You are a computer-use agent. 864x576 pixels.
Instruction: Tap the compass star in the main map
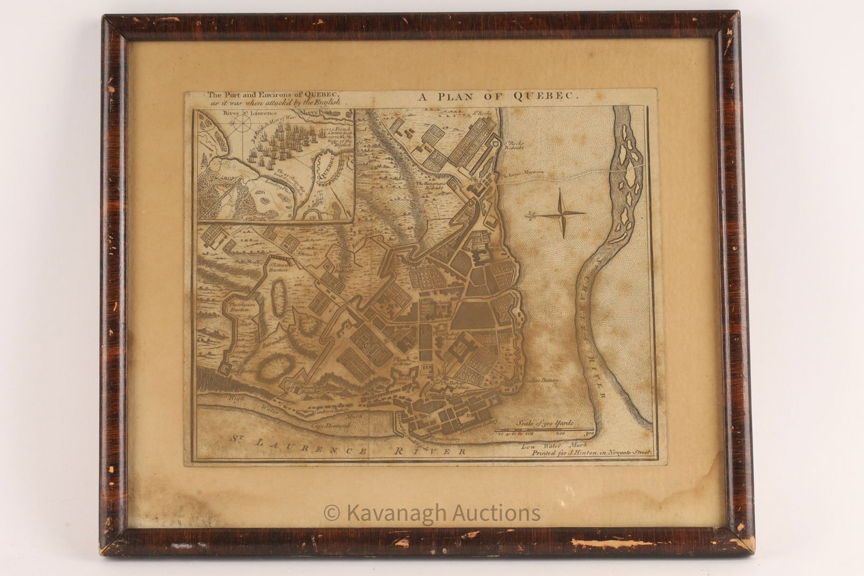(562, 214)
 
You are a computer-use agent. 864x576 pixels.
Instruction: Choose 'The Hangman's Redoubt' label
(432, 186)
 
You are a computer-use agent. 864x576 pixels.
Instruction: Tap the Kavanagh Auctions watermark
(431, 513)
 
